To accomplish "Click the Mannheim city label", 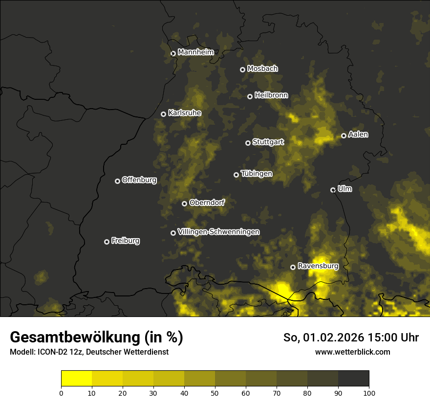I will tap(195, 52).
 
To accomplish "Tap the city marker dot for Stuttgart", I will tap(248, 143).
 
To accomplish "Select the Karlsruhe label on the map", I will tap(184, 113).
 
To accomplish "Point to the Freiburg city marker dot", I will tap(107, 242).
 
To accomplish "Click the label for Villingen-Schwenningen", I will tap(218, 232).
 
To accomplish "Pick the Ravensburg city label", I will tap(318, 266).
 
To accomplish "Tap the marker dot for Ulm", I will tap(333, 190).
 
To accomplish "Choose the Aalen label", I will tap(358, 135).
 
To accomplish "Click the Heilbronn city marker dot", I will tap(250, 96).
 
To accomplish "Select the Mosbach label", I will tap(262, 69).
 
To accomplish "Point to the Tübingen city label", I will tap(256, 174).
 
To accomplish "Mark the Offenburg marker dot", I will tap(117, 181).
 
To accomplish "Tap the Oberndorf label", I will tap(207, 203).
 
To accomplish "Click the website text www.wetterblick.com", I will tap(352, 352).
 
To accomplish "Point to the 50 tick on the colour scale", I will tap(215, 392).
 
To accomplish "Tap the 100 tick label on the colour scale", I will tap(369, 392).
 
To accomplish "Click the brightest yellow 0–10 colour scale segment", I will tap(77, 378).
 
